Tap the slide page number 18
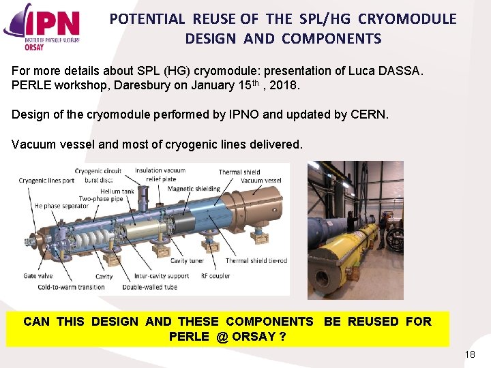[469, 355]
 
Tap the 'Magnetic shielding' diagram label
[194, 189]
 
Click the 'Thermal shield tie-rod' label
[256, 261]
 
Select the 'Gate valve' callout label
[40, 277]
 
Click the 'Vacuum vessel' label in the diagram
[261, 181]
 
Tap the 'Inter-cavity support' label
[162, 277]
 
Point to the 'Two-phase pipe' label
[102, 198]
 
